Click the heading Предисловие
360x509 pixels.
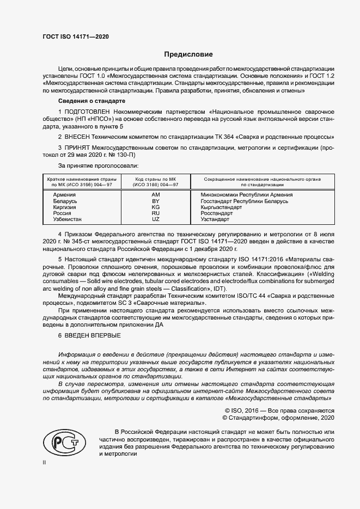click(189, 54)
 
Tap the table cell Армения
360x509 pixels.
click(64, 194)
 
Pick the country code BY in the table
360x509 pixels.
click(155, 201)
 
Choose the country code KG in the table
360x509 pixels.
click(155, 207)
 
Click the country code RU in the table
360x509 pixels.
click(155, 213)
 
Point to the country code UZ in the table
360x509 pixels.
click(155, 219)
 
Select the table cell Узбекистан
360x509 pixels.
click(68, 219)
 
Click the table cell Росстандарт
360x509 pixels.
click(217, 213)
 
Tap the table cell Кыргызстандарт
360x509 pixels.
click(221, 207)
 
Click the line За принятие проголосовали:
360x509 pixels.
click(98, 164)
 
